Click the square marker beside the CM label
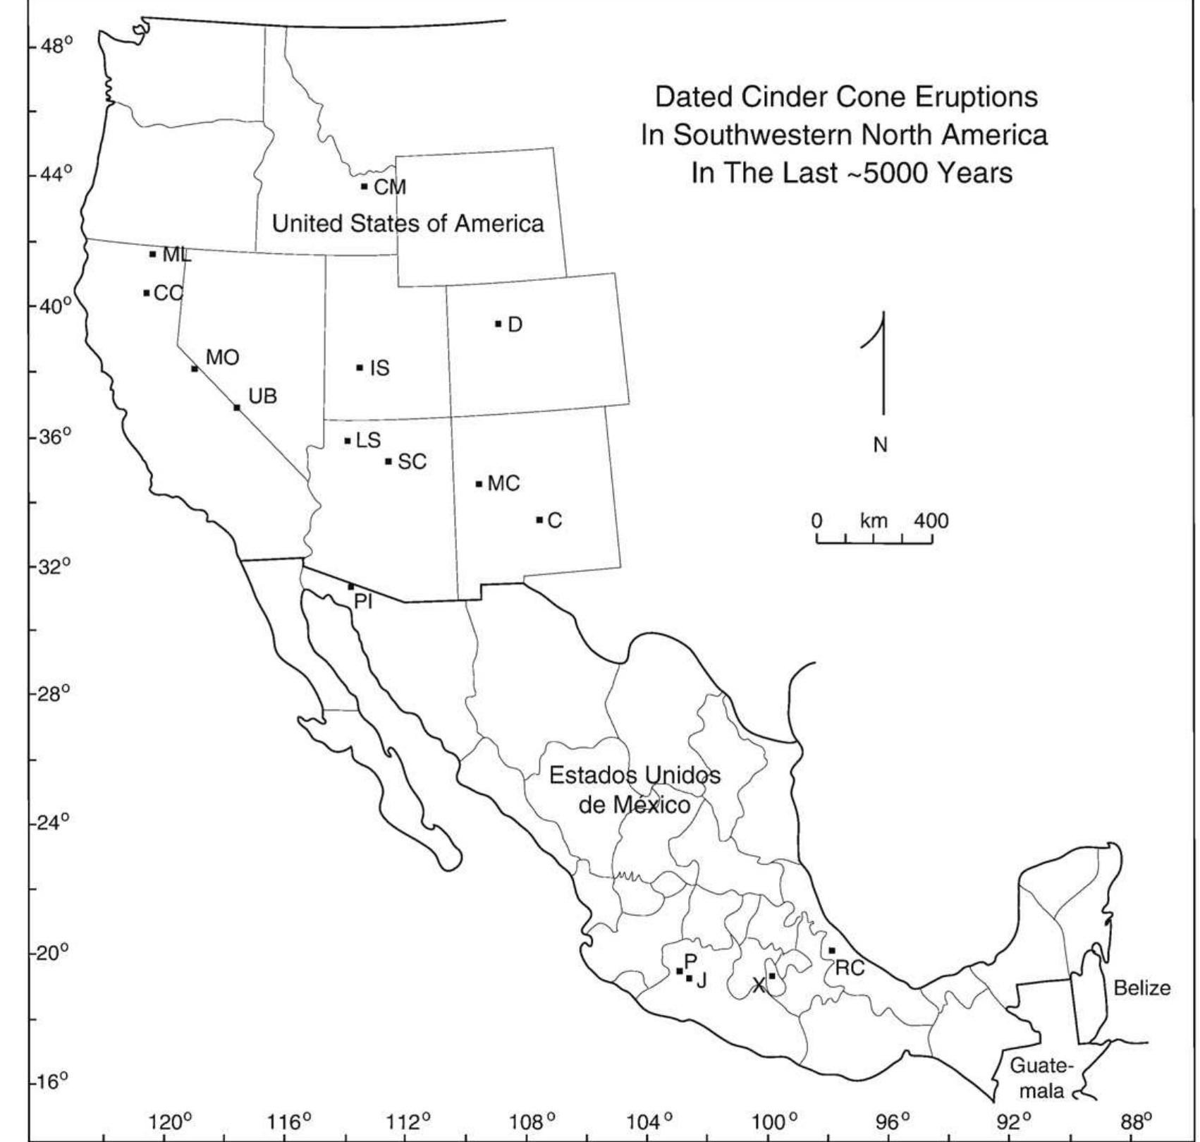[x=364, y=186]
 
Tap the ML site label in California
[x=176, y=255]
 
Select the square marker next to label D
[x=498, y=324]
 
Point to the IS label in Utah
[x=379, y=368]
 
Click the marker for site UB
[x=237, y=407]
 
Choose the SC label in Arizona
[x=412, y=462]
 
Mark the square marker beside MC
[x=479, y=484]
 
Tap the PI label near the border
[x=363, y=602]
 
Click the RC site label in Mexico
[x=850, y=968]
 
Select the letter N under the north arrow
[x=880, y=445]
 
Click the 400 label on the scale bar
[x=931, y=521]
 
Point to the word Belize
[x=1141, y=988]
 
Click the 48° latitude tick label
[x=56, y=47]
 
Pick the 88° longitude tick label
[x=1136, y=1121]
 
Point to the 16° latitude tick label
[x=55, y=1082]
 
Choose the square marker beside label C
[x=539, y=520]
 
